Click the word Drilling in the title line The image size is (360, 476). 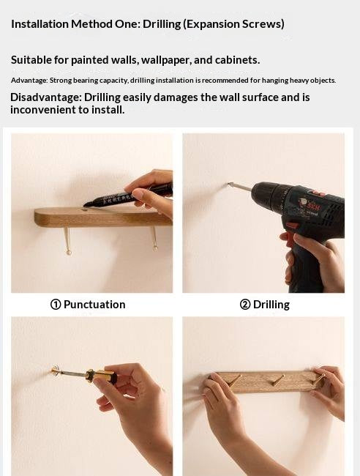coord(162,24)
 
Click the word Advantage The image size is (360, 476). coord(29,81)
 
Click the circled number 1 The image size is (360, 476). coord(56,305)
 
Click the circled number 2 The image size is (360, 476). coord(244,305)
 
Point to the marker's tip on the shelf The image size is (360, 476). coord(85,206)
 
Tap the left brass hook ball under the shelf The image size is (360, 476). coord(69,252)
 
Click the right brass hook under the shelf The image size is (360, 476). coord(154,239)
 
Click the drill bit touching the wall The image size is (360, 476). coord(240,187)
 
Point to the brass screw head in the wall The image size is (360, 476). coord(55,371)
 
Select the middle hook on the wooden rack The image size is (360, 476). coord(279,380)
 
